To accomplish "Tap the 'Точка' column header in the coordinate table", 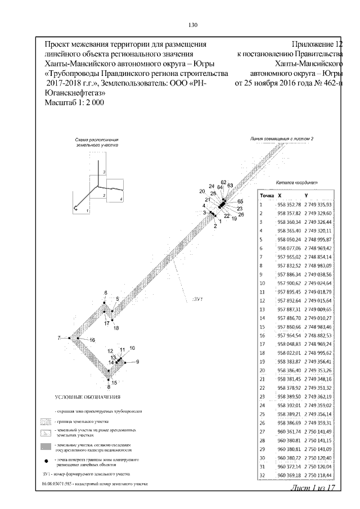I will tap(267, 195).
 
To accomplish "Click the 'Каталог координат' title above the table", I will tap(297, 182).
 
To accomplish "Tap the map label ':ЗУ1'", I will tap(197, 300).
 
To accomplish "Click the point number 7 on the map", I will tap(58, 337).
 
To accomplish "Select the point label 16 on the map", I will tap(92, 340).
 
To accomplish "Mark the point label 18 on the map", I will tap(116, 328).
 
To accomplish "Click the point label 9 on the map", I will tap(137, 361).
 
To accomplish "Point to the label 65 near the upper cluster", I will tap(240, 201).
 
